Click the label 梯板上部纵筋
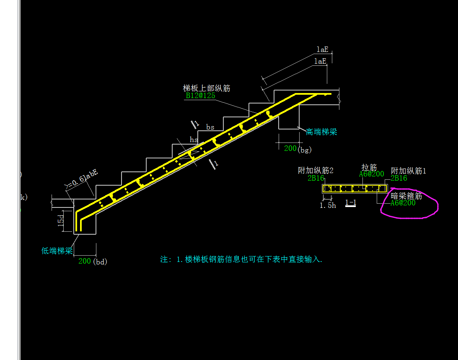pyautogui.click(x=207, y=88)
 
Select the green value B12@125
pyautogui.click(x=200, y=96)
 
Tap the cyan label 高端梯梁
pyautogui.click(x=321, y=132)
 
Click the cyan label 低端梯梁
pyautogui.click(x=57, y=251)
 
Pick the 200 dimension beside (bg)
pyautogui.click(x=290, y=148)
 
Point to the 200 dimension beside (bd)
pyautogui.click(x=84, y=261)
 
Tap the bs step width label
pyautogui.click(x=210, y=127)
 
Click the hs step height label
pyautogui.click(x=194, y=140)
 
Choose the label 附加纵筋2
pyautogui.click(x=316, y=171)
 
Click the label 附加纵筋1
pyautogui.click(x=409, y=171)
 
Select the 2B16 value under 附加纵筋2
pyautogui.click(x=316, y=178)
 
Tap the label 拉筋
pyautogui.click(x=369, y=168)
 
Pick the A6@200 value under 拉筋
pyautogui.click(x=371, y=174)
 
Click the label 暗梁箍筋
pyautogui.click(x=406, y=196)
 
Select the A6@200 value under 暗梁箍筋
pyautogui.click(x=403, y=203)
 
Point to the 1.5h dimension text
pyautogui.click(x=328, y=205)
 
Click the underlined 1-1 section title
pyautogui.click(x=350, y=203)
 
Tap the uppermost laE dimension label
pyautogui.click(x=322, y=49)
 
